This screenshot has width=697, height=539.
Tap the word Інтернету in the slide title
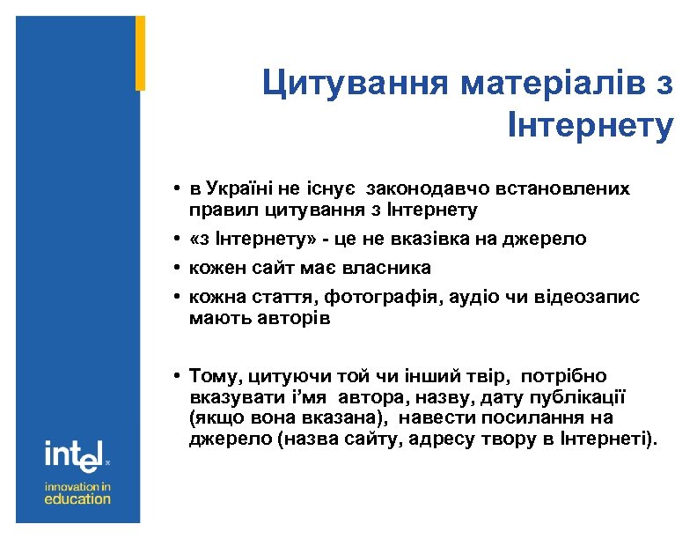pyautogui.click(x=591, y=125)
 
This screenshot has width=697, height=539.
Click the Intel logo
pyautogui.click(x=76, y=455)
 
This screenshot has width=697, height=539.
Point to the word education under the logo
pyautogui.click(x=77, y=498)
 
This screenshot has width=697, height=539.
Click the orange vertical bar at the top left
pyautogui.click(x=140, y=53)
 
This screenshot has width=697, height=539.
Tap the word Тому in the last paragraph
pyautogui.click(x=213, y=375)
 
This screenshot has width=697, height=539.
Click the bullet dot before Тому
pyautogui.click(x=178, y=376)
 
